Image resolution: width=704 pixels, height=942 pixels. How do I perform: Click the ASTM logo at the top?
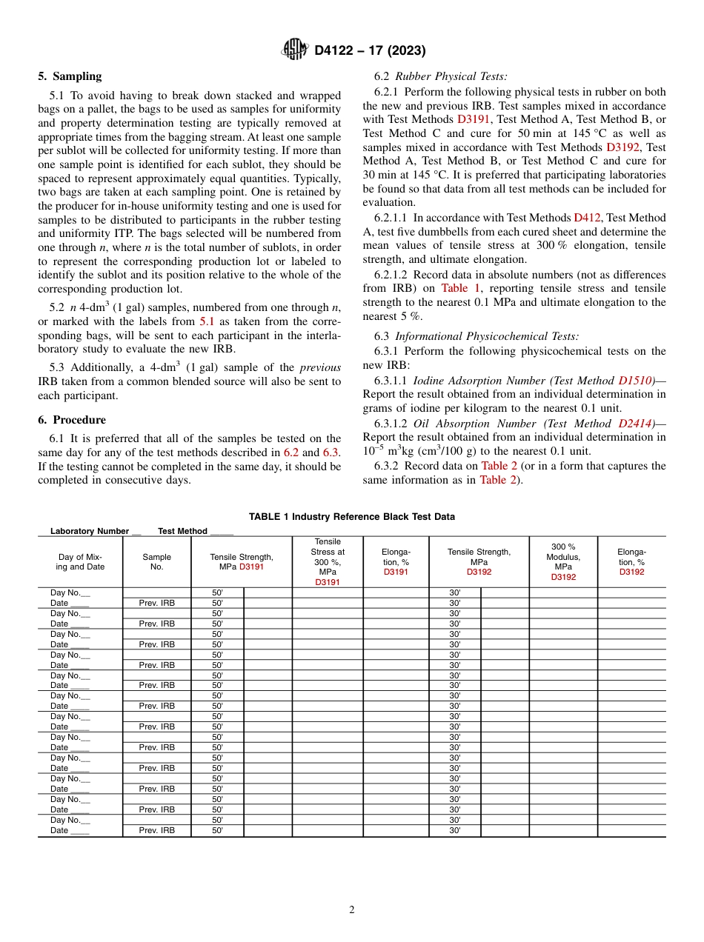click(295, 50)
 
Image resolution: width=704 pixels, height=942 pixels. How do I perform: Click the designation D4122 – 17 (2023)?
click(370, 51)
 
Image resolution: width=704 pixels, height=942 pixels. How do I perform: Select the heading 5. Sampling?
click(70, 76)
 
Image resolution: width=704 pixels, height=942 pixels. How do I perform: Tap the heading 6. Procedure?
click(72, 420)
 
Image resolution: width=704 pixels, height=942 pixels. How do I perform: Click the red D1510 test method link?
click(635, 381)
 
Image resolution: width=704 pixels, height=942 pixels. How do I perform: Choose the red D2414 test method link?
click(635, 424)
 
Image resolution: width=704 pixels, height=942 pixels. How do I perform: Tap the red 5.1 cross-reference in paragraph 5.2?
click(208, 321)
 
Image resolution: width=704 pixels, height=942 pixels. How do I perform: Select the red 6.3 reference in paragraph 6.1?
click(331, 452)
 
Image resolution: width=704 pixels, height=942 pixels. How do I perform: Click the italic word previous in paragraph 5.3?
click(320, 367)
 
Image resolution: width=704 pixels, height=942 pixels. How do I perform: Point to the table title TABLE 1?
click(351, 517)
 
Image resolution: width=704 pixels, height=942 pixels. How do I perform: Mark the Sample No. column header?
click(156, 562)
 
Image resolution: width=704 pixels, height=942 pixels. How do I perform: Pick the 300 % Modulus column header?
click(563, 562)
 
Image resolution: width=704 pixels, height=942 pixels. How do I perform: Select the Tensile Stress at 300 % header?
click(328, 562)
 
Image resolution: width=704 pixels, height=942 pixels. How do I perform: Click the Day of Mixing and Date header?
click(80, 562)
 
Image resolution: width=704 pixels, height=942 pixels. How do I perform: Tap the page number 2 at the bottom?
click(352, 910)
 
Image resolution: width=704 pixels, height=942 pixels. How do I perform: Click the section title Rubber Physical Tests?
click(451, 76)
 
